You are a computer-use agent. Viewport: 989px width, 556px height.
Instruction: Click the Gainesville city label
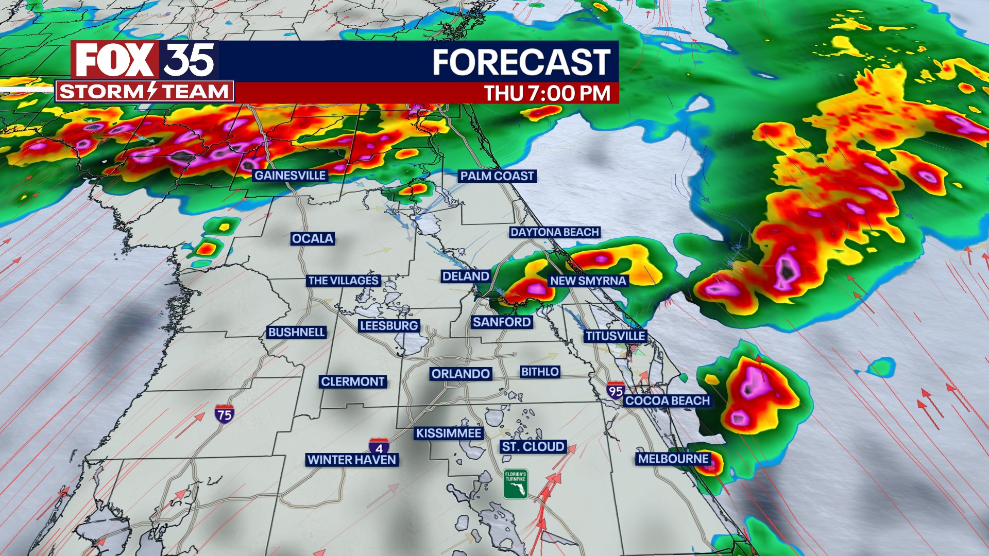290,176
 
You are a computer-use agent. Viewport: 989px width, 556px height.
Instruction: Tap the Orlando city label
461,374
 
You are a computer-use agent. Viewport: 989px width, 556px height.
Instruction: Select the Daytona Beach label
555,232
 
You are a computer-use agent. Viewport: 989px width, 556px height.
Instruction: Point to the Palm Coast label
497,176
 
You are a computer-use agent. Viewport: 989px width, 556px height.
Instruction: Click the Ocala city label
313,239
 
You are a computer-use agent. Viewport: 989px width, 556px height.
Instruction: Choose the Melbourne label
673,459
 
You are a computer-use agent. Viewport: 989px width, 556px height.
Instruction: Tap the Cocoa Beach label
668,401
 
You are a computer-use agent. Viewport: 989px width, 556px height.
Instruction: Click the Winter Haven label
351,460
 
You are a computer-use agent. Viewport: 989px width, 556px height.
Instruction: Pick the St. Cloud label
533,447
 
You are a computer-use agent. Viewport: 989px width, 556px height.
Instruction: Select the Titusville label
615,336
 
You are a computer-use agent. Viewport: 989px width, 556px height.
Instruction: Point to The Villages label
344,281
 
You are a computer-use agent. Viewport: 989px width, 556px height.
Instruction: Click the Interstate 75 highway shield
224,414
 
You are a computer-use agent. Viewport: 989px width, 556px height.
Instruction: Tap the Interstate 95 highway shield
615,391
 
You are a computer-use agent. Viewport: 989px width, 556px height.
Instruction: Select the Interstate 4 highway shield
379,446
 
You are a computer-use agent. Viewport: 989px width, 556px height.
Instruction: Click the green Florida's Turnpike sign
516,484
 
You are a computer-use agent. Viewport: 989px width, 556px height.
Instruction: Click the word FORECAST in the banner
521,62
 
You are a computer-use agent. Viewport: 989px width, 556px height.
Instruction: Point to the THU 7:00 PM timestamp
547,94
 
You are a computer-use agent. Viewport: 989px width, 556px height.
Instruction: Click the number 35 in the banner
190,60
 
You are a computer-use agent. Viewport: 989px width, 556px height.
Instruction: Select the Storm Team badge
144,92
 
